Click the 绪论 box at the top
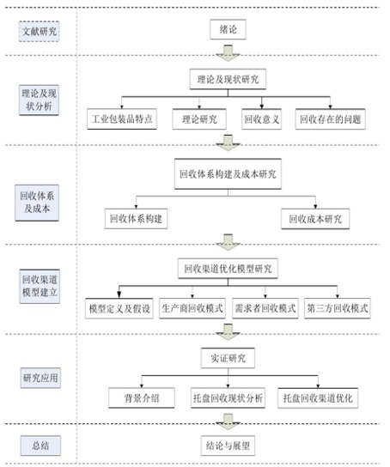228,29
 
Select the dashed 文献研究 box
40,31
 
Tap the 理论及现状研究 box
228,79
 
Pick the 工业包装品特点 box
122,119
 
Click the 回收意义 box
262,119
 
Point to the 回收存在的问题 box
330,119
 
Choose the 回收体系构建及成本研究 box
228,174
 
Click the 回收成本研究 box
315,219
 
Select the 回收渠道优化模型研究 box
228,269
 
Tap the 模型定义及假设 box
119,308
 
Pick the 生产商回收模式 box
192,308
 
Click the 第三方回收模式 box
338,308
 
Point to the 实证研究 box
228,358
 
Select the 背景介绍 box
142,398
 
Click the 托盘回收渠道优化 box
318,398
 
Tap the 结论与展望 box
228,446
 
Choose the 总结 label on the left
40,446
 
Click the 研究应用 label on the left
40,378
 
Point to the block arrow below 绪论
228,53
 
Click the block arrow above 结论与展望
228,422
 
